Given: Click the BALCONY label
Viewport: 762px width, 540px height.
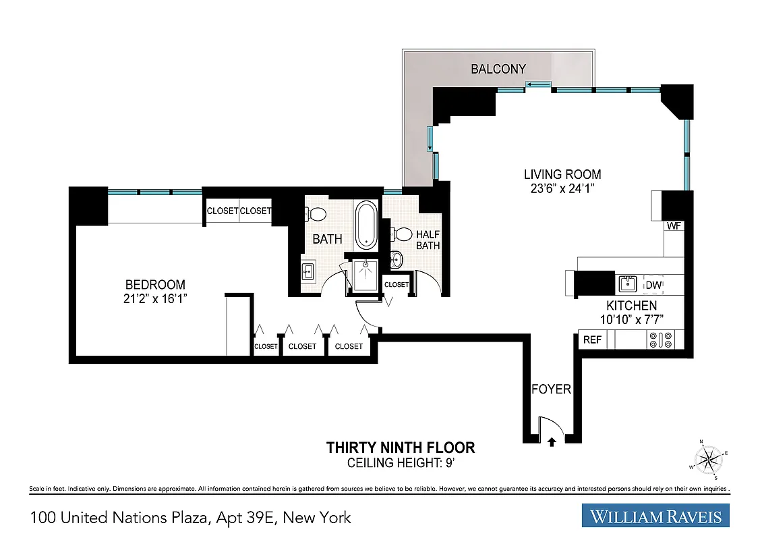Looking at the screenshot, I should click(498, 69).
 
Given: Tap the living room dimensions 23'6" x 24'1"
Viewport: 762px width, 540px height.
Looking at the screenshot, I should click(562, 190).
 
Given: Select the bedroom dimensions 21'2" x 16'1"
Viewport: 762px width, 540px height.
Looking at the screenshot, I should click(154, 298).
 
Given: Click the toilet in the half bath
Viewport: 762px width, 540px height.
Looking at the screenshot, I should click(403, 234).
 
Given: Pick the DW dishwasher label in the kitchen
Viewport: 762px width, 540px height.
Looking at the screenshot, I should click(653, 286).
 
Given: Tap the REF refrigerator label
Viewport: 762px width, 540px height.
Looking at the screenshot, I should click(592, 340).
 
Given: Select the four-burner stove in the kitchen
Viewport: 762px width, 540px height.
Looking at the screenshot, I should click(659, 340).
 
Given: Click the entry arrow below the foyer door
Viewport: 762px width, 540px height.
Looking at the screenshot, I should click(552, 442).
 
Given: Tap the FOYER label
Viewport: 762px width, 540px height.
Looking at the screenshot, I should click(551, 389).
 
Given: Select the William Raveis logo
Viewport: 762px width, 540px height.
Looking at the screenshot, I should click(655, 517).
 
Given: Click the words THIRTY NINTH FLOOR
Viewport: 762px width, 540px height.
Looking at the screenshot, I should click(401, 448).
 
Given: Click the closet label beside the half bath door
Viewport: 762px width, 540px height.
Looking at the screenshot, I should click(397, 285).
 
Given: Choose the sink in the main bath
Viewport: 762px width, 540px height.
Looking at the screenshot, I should click(307, 272).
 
